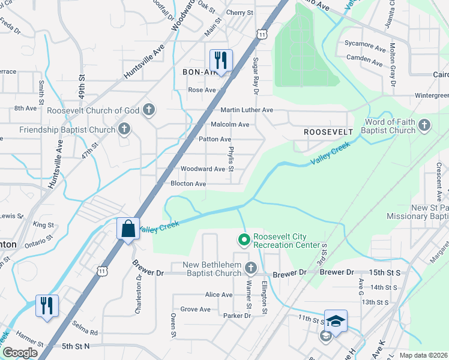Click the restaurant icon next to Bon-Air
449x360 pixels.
[x=221, y=61]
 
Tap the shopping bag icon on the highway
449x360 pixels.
[x=128, y=229]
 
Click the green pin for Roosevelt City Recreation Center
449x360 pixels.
[x=244, y=241]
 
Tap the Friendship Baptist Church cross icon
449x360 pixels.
[x=124, y=129]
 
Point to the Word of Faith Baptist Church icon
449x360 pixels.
[x=424, y=125]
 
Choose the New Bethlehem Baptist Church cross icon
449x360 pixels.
[x=251, y=268]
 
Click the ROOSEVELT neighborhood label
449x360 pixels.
[x=328, y=131]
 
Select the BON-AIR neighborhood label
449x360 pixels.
[x=199, y=71]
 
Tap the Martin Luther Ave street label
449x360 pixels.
[x=247, y=110]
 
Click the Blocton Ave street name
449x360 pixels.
[x=188, y=184]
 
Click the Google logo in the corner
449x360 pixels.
[x=20, y=353]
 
